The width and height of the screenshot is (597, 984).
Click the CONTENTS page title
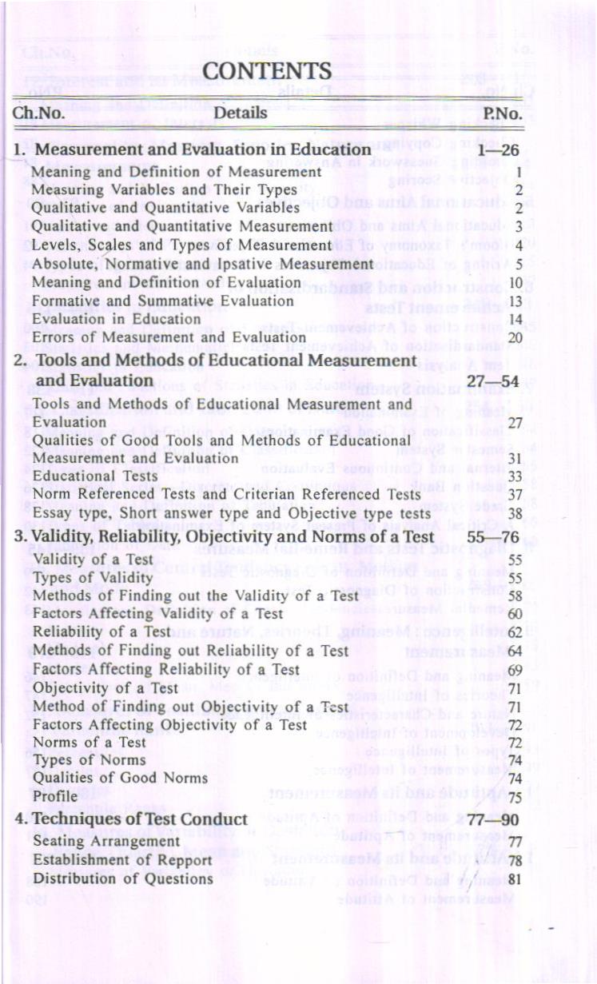click(x=267, y=71)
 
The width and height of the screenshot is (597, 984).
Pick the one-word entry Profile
click(x=55, y=796)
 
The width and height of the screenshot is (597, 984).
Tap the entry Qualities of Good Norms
click(x=120, y=778)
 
